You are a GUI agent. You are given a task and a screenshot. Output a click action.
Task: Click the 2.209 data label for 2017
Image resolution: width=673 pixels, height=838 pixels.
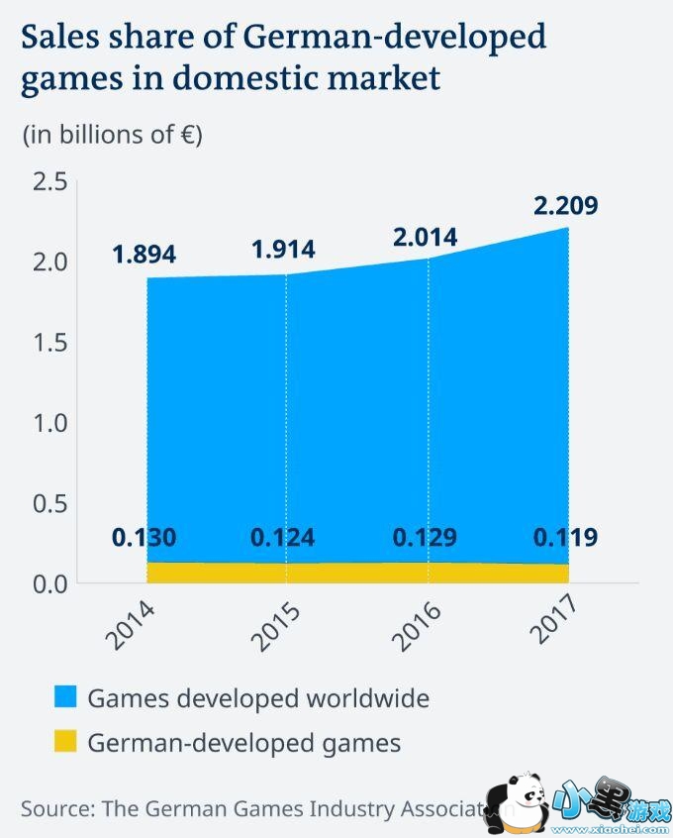point(566,206)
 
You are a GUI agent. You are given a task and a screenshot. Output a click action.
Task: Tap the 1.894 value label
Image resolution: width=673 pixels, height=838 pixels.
point(144,255)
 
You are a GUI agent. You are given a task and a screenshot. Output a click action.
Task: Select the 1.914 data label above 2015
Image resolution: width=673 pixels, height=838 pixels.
point(283,251)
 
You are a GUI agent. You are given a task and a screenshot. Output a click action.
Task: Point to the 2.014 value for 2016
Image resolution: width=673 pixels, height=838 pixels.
point(425,237)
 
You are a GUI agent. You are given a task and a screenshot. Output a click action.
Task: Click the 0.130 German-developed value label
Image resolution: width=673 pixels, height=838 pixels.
point(144,538)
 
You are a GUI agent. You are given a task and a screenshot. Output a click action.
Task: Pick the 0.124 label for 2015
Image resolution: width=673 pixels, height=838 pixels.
point(283,538)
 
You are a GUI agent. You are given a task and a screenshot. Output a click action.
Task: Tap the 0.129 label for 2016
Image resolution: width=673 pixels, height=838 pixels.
point(425,538)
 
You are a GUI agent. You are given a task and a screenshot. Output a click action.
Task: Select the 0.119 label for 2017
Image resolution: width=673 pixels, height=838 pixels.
point(565,538)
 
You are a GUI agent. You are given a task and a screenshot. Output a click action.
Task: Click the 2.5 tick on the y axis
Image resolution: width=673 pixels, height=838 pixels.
point(48,182)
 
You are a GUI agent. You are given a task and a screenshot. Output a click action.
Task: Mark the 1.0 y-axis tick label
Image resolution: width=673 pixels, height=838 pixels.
point(48,423)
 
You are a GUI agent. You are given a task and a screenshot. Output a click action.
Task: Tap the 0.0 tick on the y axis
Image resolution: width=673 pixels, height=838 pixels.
point(48,583)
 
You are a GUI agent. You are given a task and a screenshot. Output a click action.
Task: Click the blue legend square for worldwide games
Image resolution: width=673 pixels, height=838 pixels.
point(65,698)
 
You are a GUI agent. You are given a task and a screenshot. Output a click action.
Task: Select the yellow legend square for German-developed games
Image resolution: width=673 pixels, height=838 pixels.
point(65,742)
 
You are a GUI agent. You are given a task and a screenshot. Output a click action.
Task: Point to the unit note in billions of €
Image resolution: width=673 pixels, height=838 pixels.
point(112,135)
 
